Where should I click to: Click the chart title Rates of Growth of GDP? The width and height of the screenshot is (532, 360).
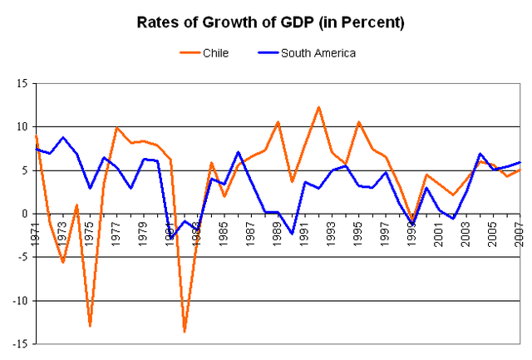coord(271,22)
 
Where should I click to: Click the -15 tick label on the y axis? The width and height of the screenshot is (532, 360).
coord(16,343)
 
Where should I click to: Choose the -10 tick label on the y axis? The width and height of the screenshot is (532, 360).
coord(16,300)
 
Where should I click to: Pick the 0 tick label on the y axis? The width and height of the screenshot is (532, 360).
coord(22,214)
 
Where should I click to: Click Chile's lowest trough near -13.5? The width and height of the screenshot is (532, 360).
coord(184,331)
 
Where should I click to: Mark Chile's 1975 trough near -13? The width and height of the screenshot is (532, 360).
coord(90,325)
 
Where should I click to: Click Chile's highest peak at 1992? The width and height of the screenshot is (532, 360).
coord(318,107)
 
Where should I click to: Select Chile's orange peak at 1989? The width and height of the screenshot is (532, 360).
coord(278,122)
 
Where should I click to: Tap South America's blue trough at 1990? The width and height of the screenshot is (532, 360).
coord(292,234)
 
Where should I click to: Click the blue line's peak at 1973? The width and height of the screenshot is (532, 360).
coord(63,137)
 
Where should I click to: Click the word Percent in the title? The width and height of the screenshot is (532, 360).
coord(373,22)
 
